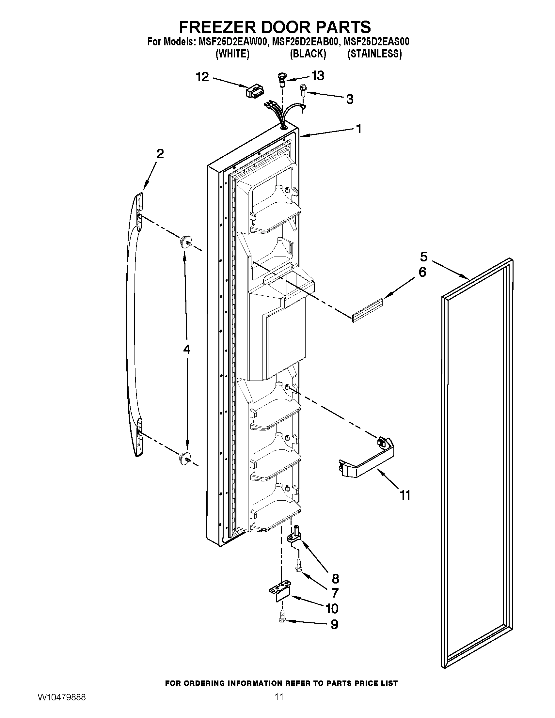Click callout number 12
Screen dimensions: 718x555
[202, 77]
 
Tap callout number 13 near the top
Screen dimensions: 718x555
[318, 76]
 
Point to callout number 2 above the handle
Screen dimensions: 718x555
[160, 154]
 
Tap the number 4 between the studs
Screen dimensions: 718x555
[186, 350]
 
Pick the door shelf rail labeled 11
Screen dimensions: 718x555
[367, 460]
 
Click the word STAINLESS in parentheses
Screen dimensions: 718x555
[374, 54]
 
